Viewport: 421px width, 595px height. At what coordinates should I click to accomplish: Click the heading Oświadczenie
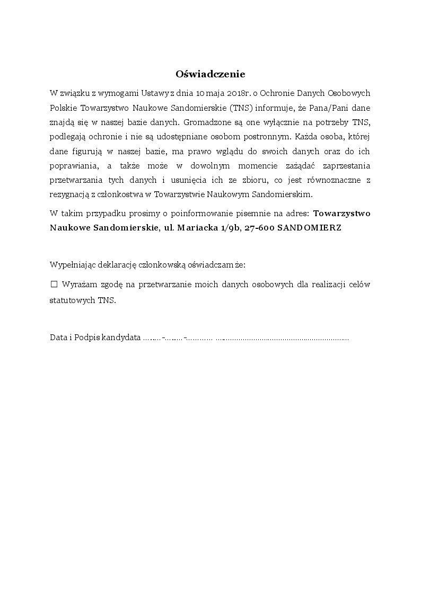210,74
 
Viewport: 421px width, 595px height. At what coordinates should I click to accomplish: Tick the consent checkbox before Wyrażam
54,285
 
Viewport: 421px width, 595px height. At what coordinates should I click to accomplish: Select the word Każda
308,136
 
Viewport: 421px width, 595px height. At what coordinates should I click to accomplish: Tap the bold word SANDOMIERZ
310,228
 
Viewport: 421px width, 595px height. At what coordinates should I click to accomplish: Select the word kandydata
121,338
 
